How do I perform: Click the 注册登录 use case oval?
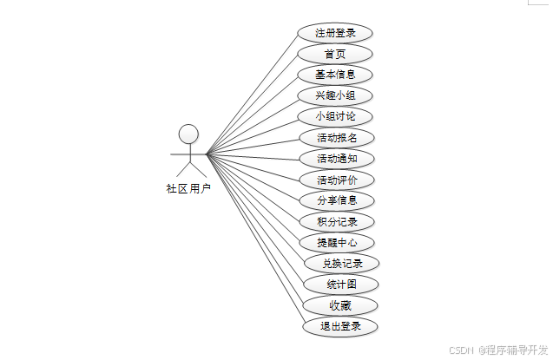(x=334, y=33)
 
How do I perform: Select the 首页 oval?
(x=334, y=54)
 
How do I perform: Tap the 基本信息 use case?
(x=334, y=75)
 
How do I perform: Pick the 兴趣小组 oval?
(x=334, y=95)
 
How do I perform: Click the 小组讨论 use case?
(x=334, y=116)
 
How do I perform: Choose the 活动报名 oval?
(x=334, y=137)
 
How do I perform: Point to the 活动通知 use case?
(x=334, y=159)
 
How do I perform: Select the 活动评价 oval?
(x=334, y=180)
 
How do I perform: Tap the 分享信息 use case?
(x=334, y=200)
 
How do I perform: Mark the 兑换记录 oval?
(x=341, y=263)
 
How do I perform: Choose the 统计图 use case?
(x=341, y=285)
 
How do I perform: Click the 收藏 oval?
(x=341, y=305)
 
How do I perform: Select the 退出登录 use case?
(x=341, y=326)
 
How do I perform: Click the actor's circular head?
(x=188, y=134)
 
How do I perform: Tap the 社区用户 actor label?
(x=188, y=188)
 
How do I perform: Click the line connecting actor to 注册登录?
(x=253, y=93)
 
